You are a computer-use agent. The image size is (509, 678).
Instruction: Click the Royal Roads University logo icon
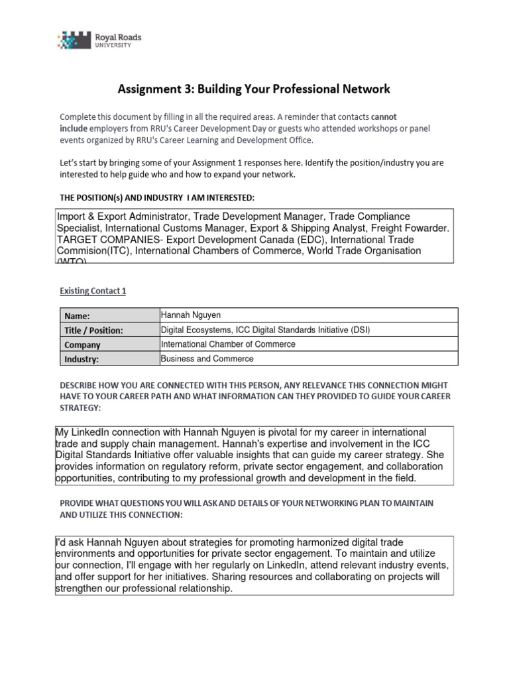76,40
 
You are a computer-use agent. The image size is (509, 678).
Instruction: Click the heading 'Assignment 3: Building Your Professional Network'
254,88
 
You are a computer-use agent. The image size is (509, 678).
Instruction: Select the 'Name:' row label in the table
77,316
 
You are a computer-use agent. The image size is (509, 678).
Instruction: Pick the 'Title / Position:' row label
93,330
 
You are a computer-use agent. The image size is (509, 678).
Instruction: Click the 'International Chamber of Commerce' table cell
228,344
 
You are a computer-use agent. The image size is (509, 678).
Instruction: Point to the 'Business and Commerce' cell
207,359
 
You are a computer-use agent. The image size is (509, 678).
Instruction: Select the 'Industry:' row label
82,360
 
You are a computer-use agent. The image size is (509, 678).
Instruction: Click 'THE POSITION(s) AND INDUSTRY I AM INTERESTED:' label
156,198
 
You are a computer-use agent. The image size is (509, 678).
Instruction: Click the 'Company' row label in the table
82,345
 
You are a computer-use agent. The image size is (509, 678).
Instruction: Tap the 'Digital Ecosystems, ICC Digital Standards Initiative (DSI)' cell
270,330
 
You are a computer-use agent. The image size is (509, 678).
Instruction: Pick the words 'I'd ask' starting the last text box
70,542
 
